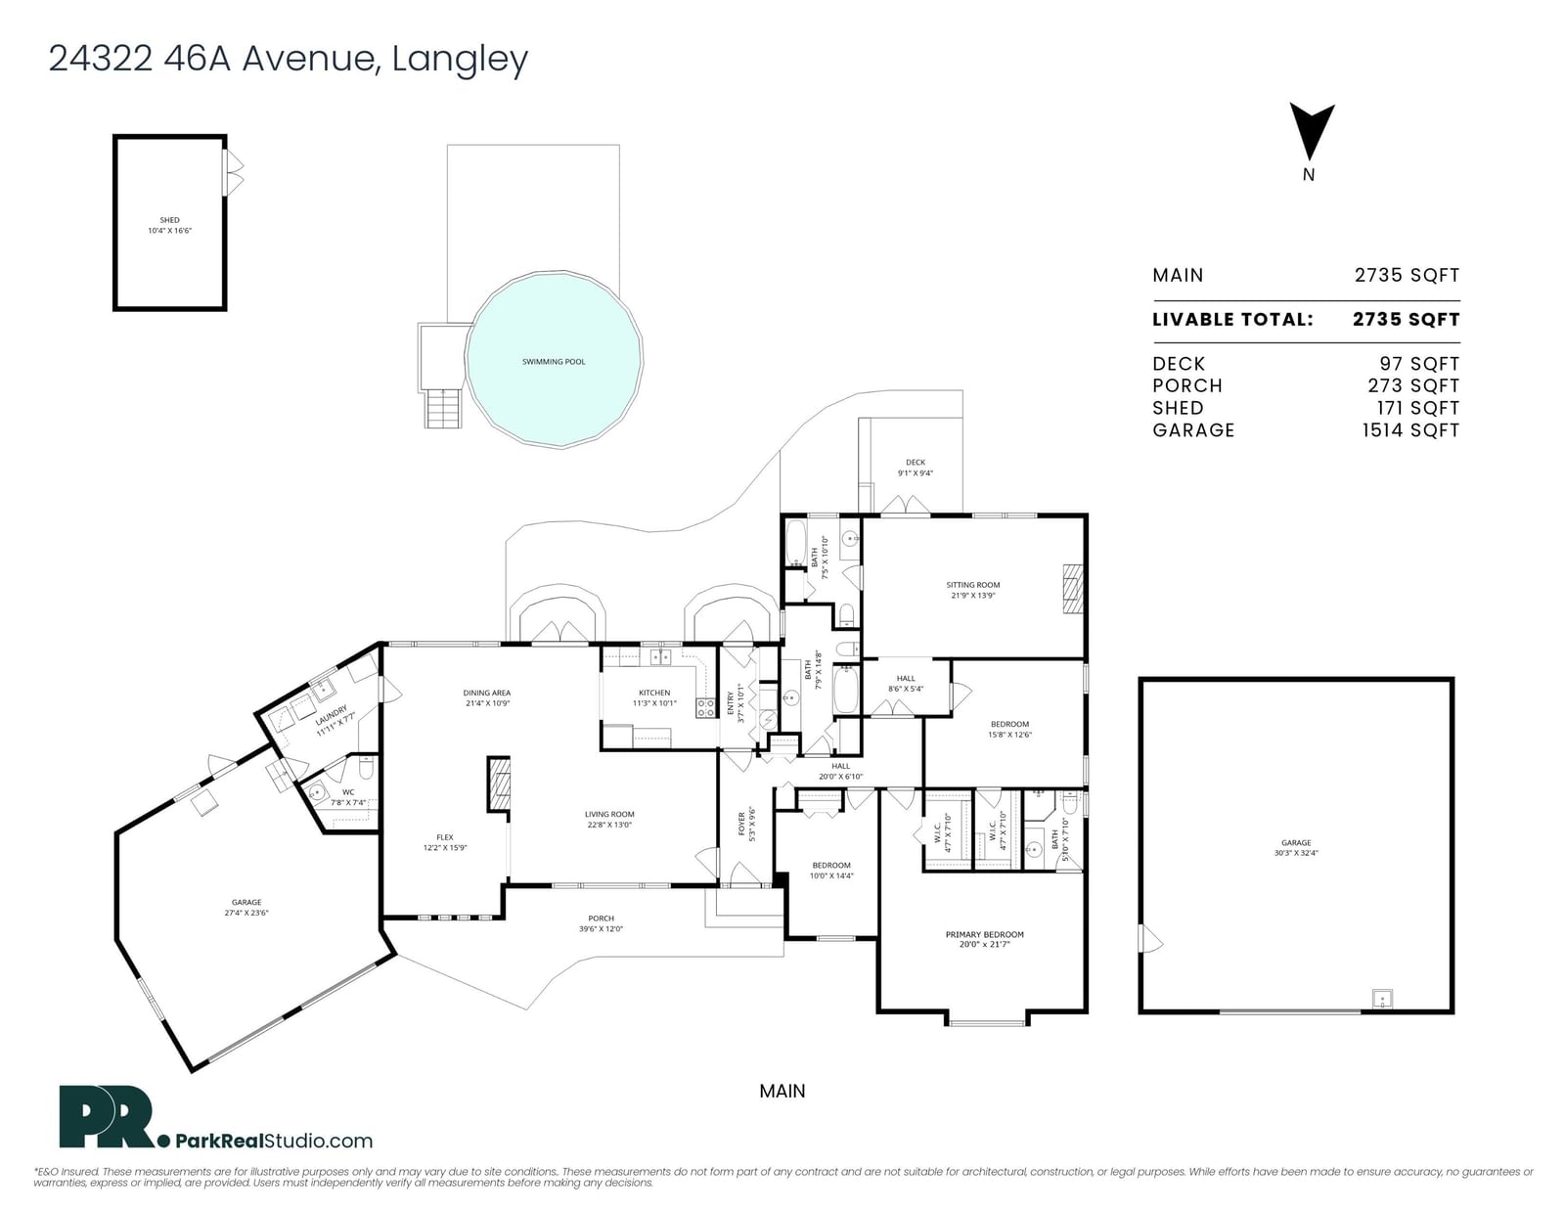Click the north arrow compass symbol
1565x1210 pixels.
pyautogui.click(x=1311, y=132)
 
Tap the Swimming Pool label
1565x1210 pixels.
pyautogui.click(x=554, y=362)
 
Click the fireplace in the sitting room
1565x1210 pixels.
pyautogui.click(x=1074, y=589)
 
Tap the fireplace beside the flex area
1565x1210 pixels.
pyautogui.click(x=500, y=784)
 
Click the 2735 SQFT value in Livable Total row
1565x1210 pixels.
pyautogui.click(x=1406, y=320)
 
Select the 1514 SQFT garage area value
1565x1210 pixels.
pyautogui.click(x=1410, y=430)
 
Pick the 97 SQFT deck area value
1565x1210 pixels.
pyautogui.click(x=1419, y=364)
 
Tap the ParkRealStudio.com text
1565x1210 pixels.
pyautogui.click(x=274, y=1141)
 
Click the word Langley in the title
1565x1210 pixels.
pyautogui.click(x=460, y=59)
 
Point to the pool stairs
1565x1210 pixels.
pyautogui.click(x=443, y=408)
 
